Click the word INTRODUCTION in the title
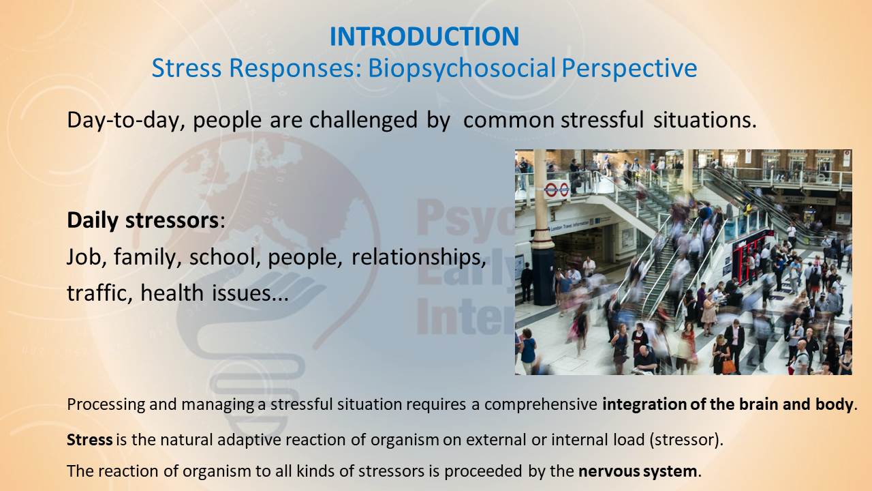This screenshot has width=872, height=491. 424,36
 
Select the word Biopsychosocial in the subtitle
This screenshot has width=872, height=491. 462,69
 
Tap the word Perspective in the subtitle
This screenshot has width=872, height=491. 629,69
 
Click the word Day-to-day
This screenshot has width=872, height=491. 126,121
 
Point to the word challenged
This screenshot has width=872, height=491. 363,120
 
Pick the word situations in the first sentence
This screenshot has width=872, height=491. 705,119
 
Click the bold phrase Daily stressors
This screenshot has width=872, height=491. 143,220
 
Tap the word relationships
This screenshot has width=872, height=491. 419,258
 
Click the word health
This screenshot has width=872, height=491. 172,293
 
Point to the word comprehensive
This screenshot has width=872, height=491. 541,405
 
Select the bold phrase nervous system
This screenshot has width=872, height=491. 638,471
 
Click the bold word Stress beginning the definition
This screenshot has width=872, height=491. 90,440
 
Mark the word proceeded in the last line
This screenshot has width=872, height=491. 483,471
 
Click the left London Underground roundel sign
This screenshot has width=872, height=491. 551,190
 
